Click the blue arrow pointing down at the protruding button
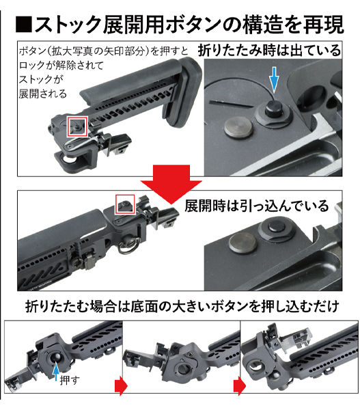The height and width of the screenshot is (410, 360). pos(274,79)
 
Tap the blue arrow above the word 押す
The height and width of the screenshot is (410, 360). pos(56,372)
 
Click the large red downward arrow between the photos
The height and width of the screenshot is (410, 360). pos(171,184)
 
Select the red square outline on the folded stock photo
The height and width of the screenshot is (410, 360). pos(77,126)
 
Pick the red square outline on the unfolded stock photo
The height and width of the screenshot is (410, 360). pos(125,204)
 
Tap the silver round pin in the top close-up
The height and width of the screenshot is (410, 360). pos(239,128)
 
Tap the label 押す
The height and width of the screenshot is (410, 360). pos(69,380)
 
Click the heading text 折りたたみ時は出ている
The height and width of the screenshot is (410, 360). pos(269,50)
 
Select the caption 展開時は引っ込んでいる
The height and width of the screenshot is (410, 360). pos(257,206)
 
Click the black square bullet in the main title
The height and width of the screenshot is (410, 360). pos(24,25)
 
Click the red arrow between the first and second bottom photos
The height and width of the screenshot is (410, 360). pos(121,386)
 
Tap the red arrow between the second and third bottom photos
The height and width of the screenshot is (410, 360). pos(239,386)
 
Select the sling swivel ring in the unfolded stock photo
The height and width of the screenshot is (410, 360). pos(127,247)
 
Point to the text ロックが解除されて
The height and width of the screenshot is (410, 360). pos(61,66)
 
